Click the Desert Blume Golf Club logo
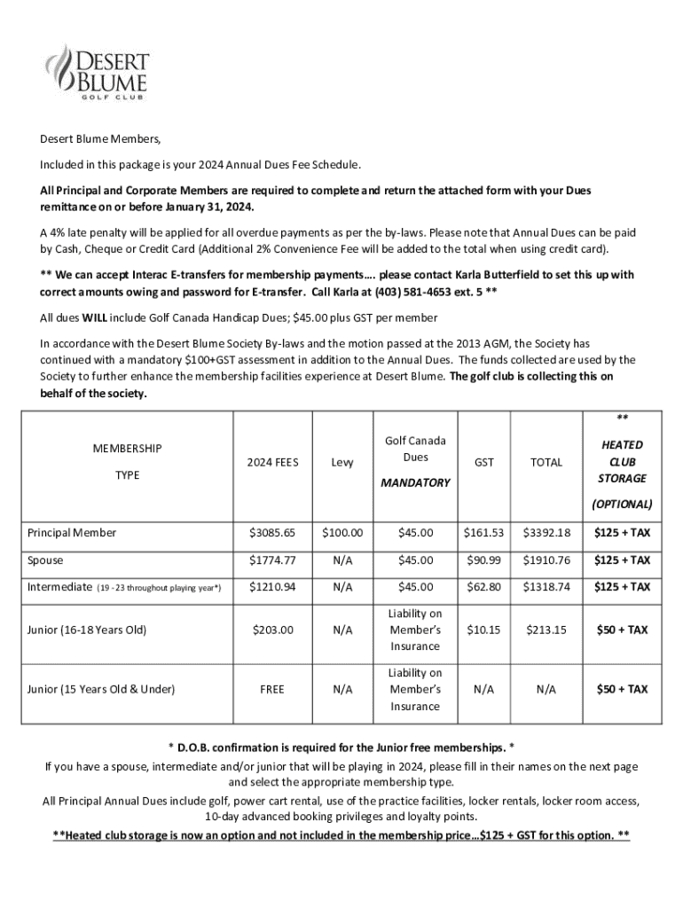point(97,72)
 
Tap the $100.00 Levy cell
point(341,533)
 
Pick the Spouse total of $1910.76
point(547,560)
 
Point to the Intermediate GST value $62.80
point(484,586)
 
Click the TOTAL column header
point(547,462)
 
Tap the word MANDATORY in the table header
point(415,483)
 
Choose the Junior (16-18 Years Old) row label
point(87,630)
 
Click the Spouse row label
point(45,560)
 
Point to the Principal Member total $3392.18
point(547,533)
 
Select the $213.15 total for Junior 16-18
point(547,630)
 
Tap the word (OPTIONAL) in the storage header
point(621,504)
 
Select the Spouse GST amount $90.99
point(484,560)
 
